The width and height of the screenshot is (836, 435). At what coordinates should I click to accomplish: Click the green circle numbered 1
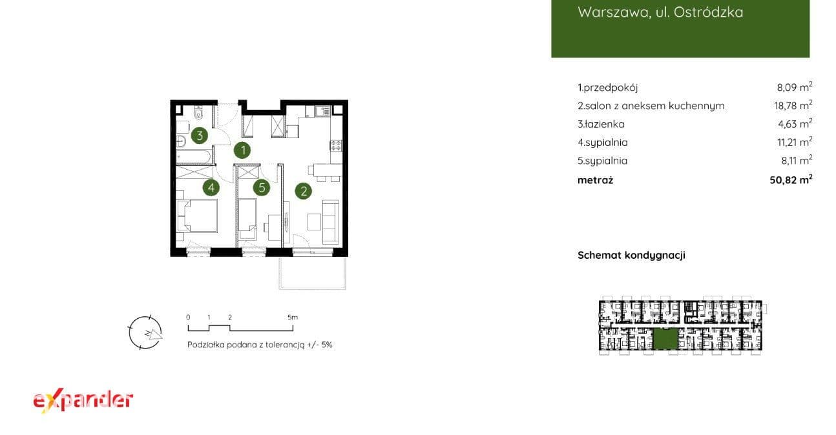click(x=242, y=150)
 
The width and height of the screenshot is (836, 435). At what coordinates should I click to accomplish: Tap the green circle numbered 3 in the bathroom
click(x=200, y=136)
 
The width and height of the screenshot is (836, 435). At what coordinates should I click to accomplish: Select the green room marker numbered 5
click(x=262, y=188)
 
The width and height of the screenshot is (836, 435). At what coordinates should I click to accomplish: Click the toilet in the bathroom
click(x=198, y=112)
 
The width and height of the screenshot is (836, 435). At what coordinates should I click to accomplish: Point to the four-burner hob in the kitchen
click(x=336, y=145)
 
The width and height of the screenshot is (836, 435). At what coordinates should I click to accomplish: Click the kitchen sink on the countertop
click(x=322, y=111)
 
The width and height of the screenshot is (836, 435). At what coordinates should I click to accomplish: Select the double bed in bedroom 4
click(x=196, y=216)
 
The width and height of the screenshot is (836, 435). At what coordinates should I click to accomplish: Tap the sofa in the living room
click(x=331, y=221)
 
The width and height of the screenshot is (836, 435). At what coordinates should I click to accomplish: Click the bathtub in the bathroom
click(x=194, y=157)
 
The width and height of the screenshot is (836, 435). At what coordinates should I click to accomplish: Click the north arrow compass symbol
click(x=145, y=332)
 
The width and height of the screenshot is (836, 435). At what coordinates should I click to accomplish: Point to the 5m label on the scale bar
click(x=293, y=317)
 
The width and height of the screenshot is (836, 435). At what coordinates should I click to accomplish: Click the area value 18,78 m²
click(x=793, y=105)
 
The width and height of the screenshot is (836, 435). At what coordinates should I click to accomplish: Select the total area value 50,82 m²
click(x=791, y=179)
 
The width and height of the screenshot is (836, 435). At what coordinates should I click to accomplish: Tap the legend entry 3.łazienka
click(x=601, y=124)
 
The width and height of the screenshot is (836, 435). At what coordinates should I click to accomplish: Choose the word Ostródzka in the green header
click(x=708, y=12)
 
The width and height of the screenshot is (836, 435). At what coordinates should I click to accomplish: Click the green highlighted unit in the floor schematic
click(x=665, y=339)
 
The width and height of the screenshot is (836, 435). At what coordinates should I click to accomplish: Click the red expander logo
click(x=83, y=401)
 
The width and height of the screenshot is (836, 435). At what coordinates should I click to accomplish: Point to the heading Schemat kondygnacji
click(x=631, y=256)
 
